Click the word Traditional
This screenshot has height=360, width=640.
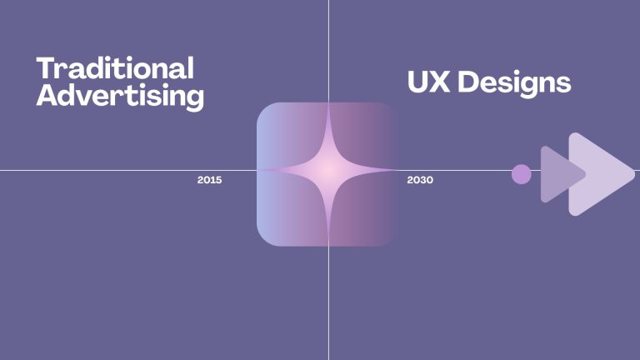(x=115, y=68)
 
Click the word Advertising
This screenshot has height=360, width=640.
(x=120, y=96)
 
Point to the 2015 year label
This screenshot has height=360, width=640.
(x=209, y=180)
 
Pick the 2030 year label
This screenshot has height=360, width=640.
(x=420, y=180)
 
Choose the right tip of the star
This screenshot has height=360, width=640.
(x=395, y=171)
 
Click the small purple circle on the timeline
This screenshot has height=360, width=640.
(x=521, y=174)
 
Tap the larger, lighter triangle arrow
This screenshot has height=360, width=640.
(x=596, y=174)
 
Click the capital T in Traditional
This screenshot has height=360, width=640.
(x=46, y=68)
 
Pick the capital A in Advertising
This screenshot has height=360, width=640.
(x=48, y=96)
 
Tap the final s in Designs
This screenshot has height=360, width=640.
(x=563, y=84)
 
